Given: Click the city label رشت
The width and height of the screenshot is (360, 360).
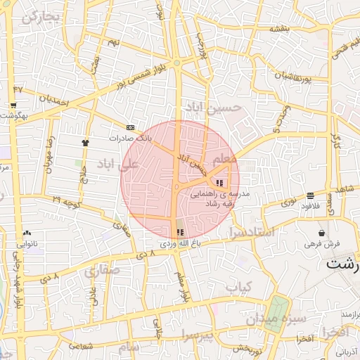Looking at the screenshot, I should click(343, 264).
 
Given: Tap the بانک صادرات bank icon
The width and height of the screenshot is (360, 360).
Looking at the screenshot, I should click(130, 127).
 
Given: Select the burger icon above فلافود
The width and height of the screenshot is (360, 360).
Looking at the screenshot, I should click(310, 195).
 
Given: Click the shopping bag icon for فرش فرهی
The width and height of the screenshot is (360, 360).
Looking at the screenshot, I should click(321, 233).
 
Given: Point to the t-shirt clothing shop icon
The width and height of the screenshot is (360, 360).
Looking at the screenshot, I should click(86, 142).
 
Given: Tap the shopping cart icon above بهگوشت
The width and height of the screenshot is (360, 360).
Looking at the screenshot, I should click(13, 105).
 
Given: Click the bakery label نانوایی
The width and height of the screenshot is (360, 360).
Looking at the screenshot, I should click(27, 243).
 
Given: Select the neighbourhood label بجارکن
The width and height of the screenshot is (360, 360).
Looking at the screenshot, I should click(39, 17).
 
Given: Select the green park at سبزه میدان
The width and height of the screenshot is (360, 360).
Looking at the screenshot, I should click(276, 310).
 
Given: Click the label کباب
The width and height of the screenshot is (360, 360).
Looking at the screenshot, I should click(238, 287).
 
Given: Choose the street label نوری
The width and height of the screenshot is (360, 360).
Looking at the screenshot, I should click(289, 202).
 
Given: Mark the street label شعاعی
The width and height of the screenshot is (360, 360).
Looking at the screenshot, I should click(82, 345).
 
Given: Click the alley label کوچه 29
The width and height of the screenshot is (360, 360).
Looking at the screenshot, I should click(66, 202).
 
